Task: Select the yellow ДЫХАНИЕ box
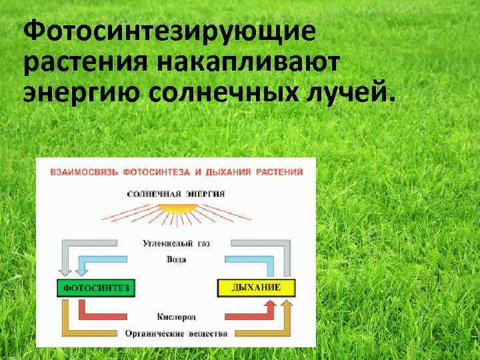pos(256,288)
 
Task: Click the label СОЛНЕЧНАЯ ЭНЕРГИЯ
pos(176,193)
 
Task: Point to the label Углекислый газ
pos(176,244)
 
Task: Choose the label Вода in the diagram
pos(176,259)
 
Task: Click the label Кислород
pos(176,316)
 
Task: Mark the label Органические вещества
pos(176,333)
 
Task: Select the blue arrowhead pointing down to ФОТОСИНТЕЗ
pos(83,270)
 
